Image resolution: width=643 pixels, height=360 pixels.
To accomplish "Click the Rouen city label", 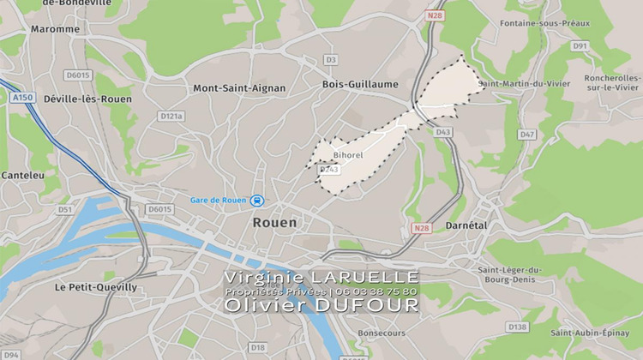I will [x=274, y=222].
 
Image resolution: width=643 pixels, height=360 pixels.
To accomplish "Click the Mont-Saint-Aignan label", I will [x=239, y=88].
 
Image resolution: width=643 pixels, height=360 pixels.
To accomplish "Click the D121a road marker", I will [x=171, y=116].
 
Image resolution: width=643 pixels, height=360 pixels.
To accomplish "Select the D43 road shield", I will [x=442, y=132].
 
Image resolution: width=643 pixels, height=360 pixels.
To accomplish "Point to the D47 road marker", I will [x=526, y=135].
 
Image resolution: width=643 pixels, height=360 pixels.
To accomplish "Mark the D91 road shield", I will [x=580, y=45].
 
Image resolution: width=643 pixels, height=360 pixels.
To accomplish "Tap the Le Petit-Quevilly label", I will [x=95, y=287].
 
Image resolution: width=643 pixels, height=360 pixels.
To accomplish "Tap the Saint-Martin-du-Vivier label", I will [x=524, y=84].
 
